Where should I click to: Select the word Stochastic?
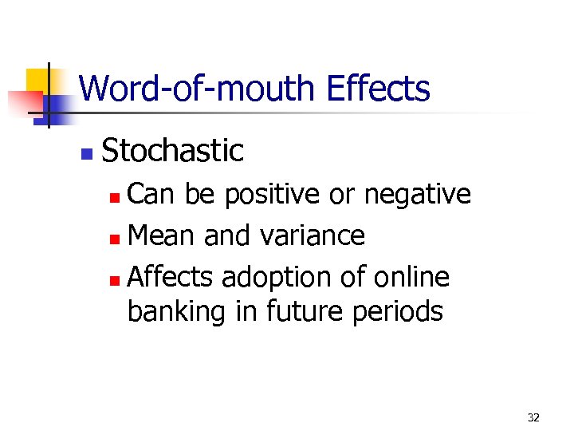[x=173, y=150]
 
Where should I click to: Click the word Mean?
[x=163, y=236]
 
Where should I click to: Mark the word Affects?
[x=171, y=278]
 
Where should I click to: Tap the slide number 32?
[x=533, y=417]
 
